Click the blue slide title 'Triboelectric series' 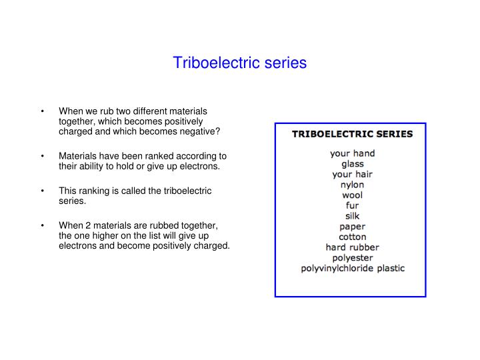tap(240, 63)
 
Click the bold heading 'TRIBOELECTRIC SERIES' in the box tap(353, 134)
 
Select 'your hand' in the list tap(353, 153)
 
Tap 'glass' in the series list tap(353, 164)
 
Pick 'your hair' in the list tap(353, 175)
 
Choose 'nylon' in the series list tap(353, 185)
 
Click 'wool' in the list tap(353, 195)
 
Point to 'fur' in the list tap(353, 205)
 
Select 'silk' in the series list tap(353, 216)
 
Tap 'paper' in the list tap(353, 227)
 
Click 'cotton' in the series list tap(353, 237)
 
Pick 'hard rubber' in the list tap(353, 247)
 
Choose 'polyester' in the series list tap(353, 258)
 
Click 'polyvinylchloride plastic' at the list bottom tap(353, 269)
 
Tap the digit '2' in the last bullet tap(88, 225)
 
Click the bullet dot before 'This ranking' tap(43, 191)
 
